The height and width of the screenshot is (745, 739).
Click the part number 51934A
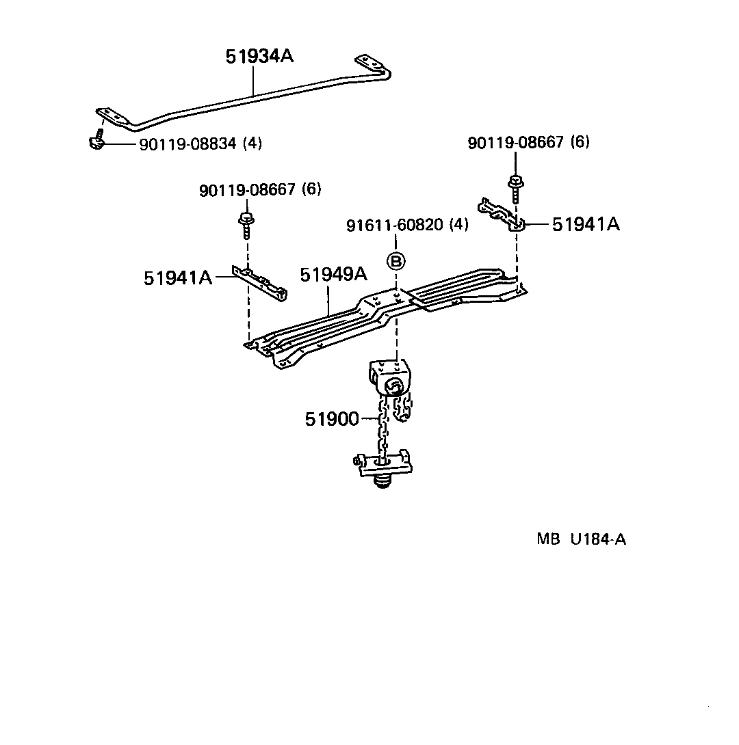tap(259, 57)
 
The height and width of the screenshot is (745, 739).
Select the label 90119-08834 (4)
tap(200, 144)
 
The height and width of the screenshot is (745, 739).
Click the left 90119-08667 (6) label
tap(259, 190)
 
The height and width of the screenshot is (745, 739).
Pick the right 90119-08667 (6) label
tap(528, 142)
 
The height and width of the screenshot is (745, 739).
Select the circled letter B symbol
tap(396, 260)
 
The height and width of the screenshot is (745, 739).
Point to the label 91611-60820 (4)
tap(407, 225)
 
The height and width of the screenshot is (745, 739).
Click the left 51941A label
tap(178, 277)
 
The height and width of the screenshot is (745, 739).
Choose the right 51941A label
tap(586, 223)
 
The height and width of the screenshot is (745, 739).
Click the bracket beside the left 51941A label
tap(260, 283)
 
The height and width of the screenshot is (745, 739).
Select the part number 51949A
tap(333, 275)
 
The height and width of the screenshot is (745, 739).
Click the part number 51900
tap(332, 419)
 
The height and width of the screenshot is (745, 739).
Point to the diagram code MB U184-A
tap(581, 539)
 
